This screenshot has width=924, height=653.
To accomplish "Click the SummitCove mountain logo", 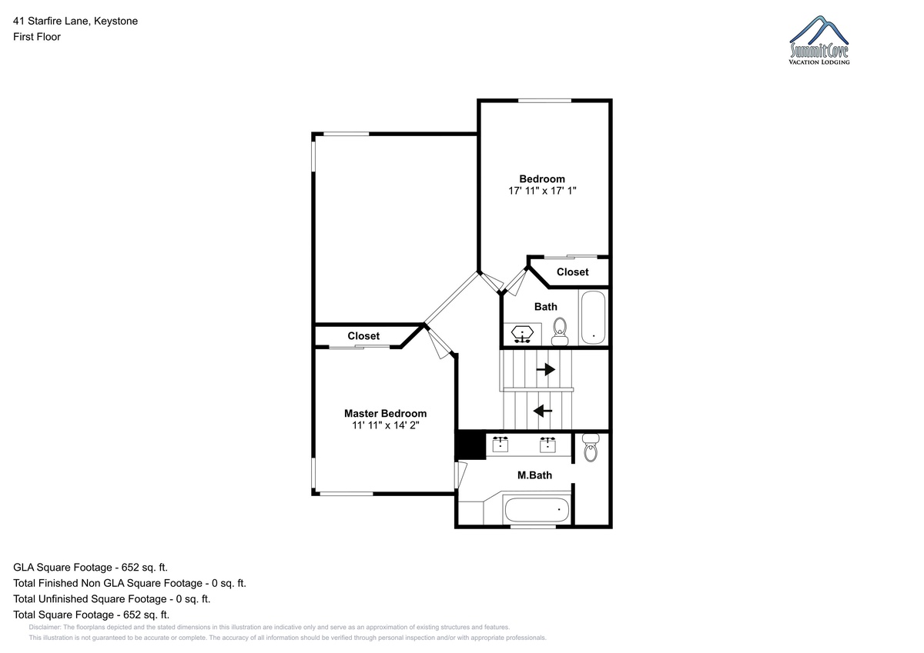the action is coord(819,40).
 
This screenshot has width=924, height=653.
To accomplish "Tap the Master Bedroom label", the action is coord(385,413).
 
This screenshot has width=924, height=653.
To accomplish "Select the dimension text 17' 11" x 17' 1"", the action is coord(542,191).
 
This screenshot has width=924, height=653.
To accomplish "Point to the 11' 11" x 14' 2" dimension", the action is coord(385,425).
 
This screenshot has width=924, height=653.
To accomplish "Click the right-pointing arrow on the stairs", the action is coord(545,369).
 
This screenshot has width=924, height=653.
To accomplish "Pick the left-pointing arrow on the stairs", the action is coord(543,411).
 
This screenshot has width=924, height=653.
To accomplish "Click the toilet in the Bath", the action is coord(560,331).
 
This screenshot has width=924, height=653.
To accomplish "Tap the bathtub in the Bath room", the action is coord(593,318).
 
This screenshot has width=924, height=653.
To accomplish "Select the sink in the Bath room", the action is coord(522,334).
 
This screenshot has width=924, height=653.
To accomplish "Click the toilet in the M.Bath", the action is coord(591,447).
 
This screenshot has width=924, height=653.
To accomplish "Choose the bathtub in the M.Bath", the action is coord(537,510).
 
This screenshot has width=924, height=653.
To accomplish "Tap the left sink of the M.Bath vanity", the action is coord(500,445).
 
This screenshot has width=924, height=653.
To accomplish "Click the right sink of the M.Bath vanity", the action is coord(547,445).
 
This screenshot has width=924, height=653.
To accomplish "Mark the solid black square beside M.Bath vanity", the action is coord(470,445).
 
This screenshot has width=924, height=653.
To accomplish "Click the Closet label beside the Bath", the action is coord(573,272).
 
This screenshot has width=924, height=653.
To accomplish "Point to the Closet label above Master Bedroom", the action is coord(363,336).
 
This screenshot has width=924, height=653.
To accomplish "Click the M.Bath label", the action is coord(534,475).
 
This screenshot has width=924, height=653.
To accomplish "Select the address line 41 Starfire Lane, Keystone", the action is coord(75,21).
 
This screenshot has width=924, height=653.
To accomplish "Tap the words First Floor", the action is coord(37,37).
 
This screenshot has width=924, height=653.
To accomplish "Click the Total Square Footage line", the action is coord(91,615).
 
